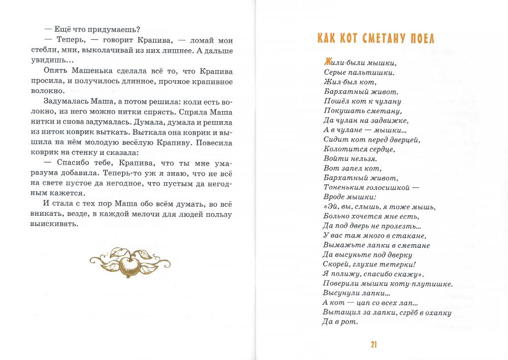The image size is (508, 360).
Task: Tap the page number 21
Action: click(x=373, y=345)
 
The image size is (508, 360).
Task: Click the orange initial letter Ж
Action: click(x=328, y=63)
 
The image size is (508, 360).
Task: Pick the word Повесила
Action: click(x=213, y=143)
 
